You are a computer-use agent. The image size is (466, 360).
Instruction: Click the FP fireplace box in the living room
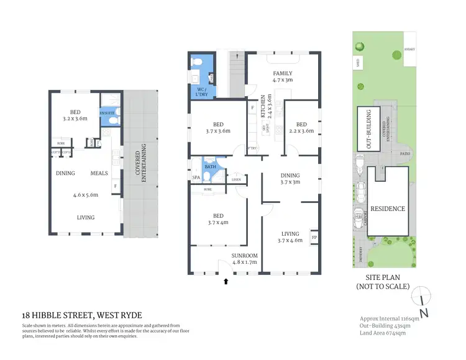pyautogui.click(x=314, y=237)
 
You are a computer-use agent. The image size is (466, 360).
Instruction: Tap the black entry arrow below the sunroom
pyautogui.click(x=226, y=281)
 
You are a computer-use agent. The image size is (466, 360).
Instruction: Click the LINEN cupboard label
pyautogui.click(x=236, y=180)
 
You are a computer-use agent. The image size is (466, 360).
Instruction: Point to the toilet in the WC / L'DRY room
pyautogui.click(x=198, y=63)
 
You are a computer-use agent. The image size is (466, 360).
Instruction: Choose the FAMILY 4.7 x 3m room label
pyautogui.click(x=283, y=76)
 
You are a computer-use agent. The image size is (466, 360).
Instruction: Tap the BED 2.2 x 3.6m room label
pyautogui.click(x=301, y=127)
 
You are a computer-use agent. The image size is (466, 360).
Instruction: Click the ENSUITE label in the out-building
pyautogui.click(x=106, y=112)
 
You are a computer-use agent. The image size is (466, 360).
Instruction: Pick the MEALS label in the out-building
pyautogui.click(x=101, y=173)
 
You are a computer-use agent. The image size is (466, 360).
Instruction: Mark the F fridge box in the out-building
pyautogui.click(x=115, y=186)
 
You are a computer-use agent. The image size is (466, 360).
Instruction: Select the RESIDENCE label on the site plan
pyautogui.click(x=388, y=209)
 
